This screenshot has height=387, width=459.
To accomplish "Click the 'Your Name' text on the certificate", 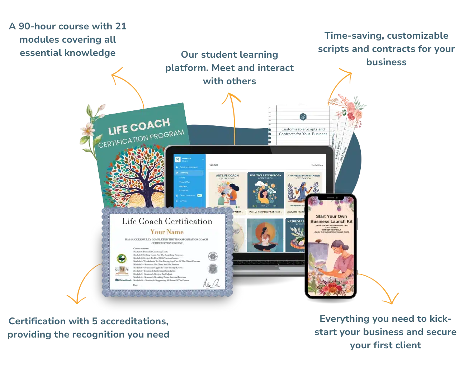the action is [x=167, y=232].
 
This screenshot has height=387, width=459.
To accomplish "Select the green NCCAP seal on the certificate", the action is [x=122, y=258].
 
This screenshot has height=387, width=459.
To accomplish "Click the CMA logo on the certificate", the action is [x=120, y=269].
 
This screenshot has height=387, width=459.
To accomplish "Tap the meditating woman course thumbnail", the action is [x=265, y=235].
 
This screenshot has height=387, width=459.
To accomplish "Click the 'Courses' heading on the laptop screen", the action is [x=213, y=165].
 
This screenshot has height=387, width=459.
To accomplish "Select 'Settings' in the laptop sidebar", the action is [x=183, y=201].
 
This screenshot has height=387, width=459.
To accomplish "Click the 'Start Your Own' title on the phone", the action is [x=331, y=216].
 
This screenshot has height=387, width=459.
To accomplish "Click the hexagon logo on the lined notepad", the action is [x=303, y=117].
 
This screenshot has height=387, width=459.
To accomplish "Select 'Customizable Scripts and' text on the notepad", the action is [x=303, y=129].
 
